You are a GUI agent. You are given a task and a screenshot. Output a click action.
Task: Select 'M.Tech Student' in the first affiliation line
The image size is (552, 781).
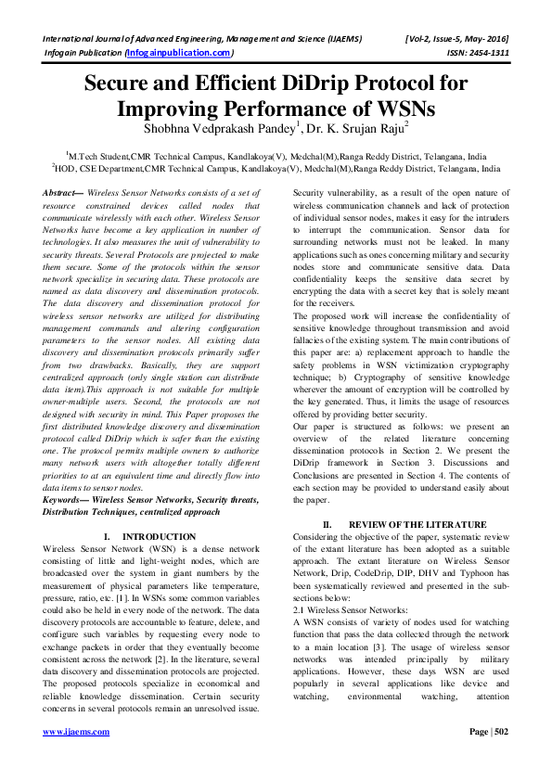tap(97, 157)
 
